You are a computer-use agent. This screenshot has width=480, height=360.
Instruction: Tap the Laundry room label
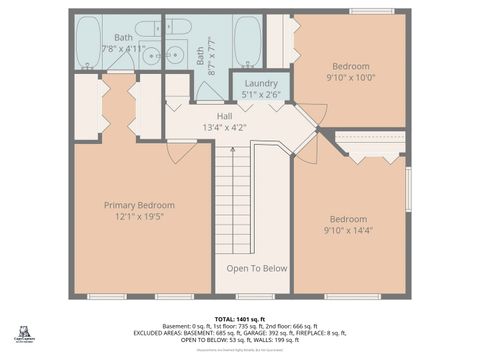(x=261, y=89)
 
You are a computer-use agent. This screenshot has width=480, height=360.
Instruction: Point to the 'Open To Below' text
(x=256, y=268)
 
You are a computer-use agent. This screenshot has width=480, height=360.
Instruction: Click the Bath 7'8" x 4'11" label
(x=123, y=43)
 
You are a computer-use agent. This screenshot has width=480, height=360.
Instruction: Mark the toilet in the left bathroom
(x=148, y=29)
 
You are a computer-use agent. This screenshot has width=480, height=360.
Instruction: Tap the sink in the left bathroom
(x=152, y=56)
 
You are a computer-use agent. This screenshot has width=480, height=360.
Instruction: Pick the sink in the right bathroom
(x=178, y=56)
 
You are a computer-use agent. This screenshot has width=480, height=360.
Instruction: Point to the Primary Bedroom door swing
(x=180, y=151)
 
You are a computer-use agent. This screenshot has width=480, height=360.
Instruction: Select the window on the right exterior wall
(x=408, y=189)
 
